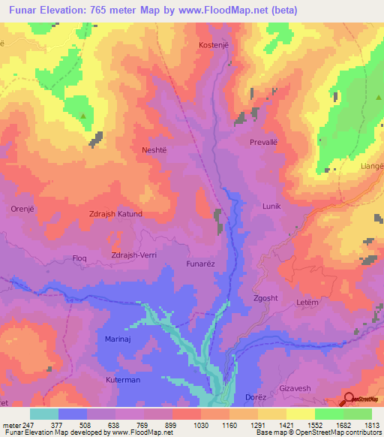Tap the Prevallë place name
coord(264,141)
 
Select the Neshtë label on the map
coord(157,150)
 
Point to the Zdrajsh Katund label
coord(116,214)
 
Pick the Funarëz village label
coord(202,264)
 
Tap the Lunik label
coord(271,206)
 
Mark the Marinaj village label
coord(119,339)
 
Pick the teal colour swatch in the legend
coord(44,414)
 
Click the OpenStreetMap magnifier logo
coord(349,399)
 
